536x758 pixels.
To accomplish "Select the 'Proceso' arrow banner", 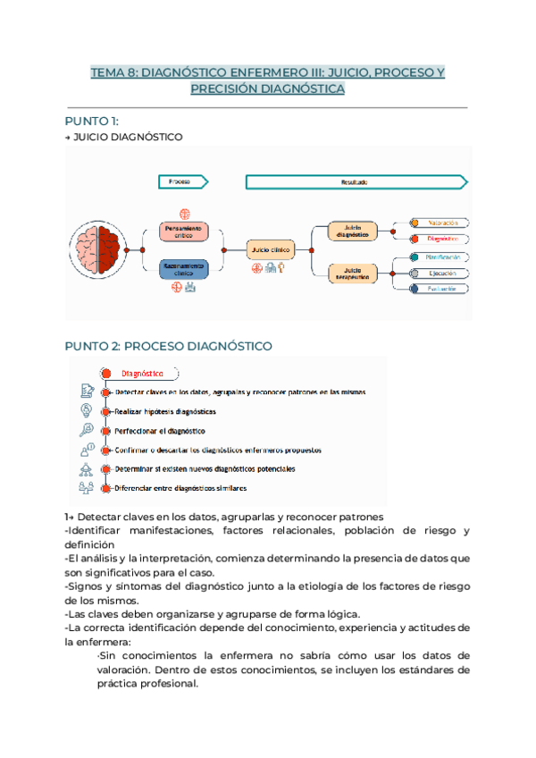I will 182,181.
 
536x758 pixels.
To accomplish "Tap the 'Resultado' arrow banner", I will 356,181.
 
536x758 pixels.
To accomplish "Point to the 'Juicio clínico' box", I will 272,249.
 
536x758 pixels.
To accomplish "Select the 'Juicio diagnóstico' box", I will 353,232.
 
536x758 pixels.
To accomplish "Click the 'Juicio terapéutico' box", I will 353,273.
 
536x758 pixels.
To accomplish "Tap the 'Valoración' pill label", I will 444,223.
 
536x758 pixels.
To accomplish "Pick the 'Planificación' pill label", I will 444,257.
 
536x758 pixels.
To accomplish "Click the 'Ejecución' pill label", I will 444,273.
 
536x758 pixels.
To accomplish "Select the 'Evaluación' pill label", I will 444,289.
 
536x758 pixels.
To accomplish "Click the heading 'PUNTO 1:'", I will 92,121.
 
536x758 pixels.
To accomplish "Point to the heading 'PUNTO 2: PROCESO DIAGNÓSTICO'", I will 169,346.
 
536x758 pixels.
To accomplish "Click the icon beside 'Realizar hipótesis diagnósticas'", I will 87,411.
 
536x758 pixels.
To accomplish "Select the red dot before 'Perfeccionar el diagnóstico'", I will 106,431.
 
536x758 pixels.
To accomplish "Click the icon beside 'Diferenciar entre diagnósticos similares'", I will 87,488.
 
